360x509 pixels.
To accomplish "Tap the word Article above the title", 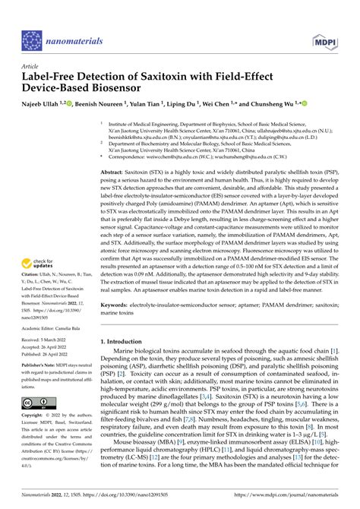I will [30, 66].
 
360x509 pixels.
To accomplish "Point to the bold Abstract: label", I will [116, 173].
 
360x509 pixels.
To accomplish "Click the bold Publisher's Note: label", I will [43, 367].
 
